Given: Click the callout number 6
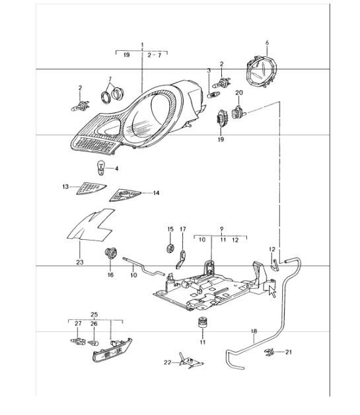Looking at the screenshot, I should click(268, 43).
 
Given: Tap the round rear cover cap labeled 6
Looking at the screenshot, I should click(263, 70).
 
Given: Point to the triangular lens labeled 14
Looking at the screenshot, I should click(124, 194).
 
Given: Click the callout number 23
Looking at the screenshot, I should click(79, 262).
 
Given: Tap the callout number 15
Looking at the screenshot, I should click(170, 229).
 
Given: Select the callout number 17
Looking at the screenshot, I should click(184, 229).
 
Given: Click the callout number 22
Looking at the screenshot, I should click(168, 362).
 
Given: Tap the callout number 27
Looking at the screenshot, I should click(77, 324).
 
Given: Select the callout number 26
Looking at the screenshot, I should click(94, 324).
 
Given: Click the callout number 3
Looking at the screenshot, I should click(209, 70).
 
